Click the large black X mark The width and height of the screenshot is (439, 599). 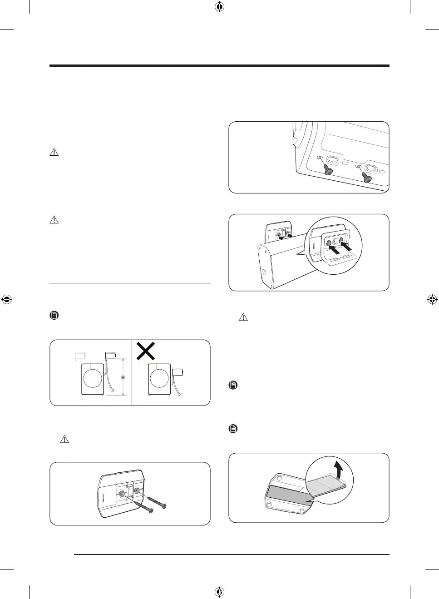click(146, 351)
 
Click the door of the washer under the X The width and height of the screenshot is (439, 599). click(159, 379)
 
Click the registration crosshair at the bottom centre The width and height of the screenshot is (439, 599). click(219, 591)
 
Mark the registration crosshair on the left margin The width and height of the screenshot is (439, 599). click(7, 299)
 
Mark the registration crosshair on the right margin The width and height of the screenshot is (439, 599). click(432, 299)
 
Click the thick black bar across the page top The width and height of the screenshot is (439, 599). click(219, 66)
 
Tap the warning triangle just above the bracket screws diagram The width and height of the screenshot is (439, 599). click(64, 439)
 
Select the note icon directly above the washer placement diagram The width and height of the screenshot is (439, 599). click(54, 315)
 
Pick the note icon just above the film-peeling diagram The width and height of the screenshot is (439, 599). click(233, 428)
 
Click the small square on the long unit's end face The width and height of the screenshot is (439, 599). click(264, 273)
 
